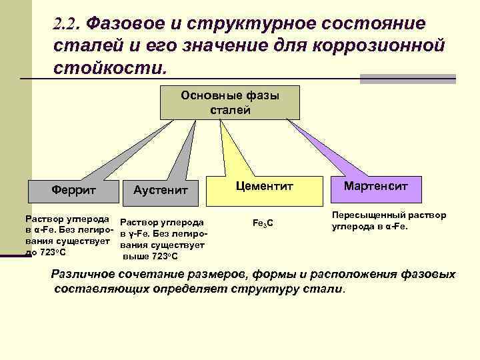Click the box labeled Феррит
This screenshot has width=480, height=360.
73,190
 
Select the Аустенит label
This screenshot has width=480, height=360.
161,191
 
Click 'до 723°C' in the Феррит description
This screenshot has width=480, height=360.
45,252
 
